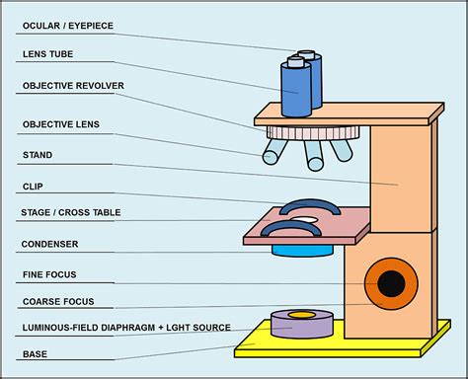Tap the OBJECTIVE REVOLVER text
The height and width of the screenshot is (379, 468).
click(x=73, y=86)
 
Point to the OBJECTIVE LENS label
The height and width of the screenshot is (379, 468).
click(x=60, y=125)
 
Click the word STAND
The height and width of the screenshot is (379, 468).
click(x=37, y=155)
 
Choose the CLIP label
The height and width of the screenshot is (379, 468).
click(x=33, y=186)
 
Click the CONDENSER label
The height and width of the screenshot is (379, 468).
click(x=49, y=244)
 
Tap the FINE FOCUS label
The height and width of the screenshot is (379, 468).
click(x=48, y=273)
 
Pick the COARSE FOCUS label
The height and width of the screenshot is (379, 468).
click(x=56, y=301)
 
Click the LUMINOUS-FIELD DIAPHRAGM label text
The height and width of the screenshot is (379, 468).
click(x=126, y=327)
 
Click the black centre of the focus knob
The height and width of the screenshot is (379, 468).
click(x=392, y=284)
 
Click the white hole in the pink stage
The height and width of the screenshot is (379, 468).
click(x=303, y=218)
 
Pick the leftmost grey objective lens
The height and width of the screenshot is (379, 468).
click(x=275, y=151)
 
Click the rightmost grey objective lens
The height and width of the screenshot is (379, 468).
click(x=341, y=149)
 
